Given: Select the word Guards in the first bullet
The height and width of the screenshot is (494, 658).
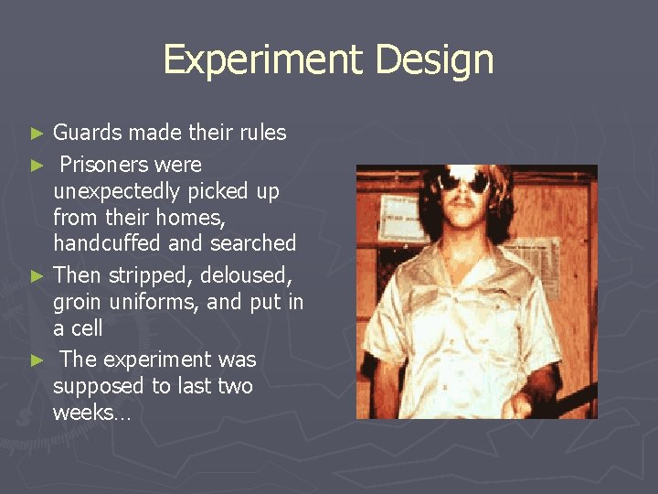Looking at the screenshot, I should coord(87,134).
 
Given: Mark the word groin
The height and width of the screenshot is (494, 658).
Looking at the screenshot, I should coord(78,302).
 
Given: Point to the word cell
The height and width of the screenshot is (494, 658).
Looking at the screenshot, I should coord(87,328).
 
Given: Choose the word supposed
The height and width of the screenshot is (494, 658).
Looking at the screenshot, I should coord(96,386).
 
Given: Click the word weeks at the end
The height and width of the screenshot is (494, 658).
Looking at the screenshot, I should coord(89,413).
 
